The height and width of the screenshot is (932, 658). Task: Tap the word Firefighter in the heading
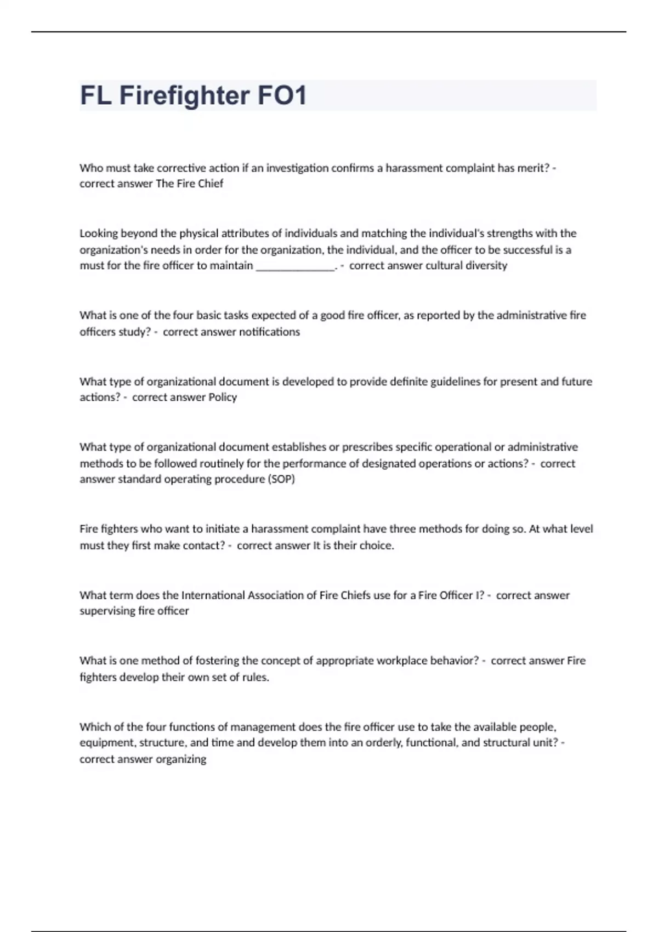184,95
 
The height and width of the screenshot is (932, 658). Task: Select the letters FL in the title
96,95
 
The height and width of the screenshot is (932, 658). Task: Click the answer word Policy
223,397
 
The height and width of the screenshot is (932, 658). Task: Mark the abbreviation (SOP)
281,479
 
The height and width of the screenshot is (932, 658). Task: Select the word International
213,595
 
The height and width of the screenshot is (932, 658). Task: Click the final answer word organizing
181,760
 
